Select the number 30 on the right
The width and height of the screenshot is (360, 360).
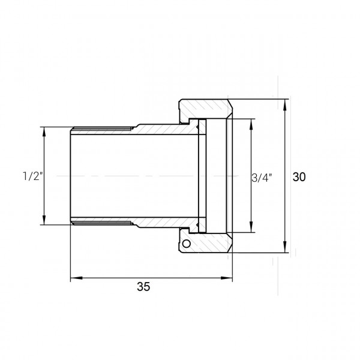(299, 177)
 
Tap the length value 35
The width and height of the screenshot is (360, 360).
(143, 287)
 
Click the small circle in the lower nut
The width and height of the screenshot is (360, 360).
(187, 244)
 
